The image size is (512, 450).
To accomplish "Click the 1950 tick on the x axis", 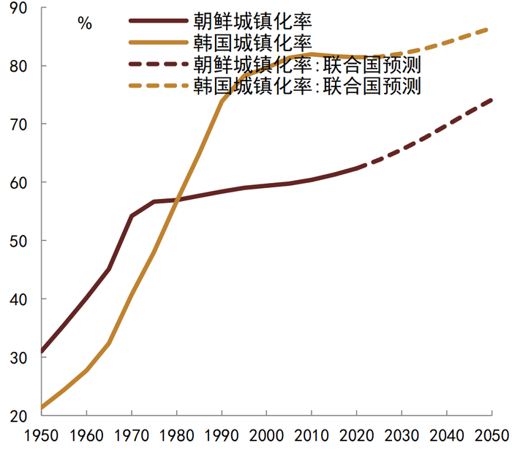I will click(x=42, y=434).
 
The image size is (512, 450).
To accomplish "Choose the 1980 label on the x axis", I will click(x=176, y=434).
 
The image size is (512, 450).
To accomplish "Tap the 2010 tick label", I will click(x=311, y=434).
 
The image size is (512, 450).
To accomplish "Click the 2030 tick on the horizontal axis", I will click(x=401, y=434).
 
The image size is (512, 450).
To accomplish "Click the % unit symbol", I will click(x=85, y=23).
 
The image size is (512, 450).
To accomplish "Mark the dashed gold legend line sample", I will click(x=157, y=86).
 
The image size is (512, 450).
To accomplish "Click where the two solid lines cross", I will click(x=176, y=199).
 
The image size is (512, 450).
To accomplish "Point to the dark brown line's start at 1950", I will click(x=42, y=352).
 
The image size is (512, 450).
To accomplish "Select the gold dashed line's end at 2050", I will click(x=490, y=29).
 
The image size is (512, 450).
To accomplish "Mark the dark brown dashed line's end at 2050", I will click(x=490, y=100).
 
